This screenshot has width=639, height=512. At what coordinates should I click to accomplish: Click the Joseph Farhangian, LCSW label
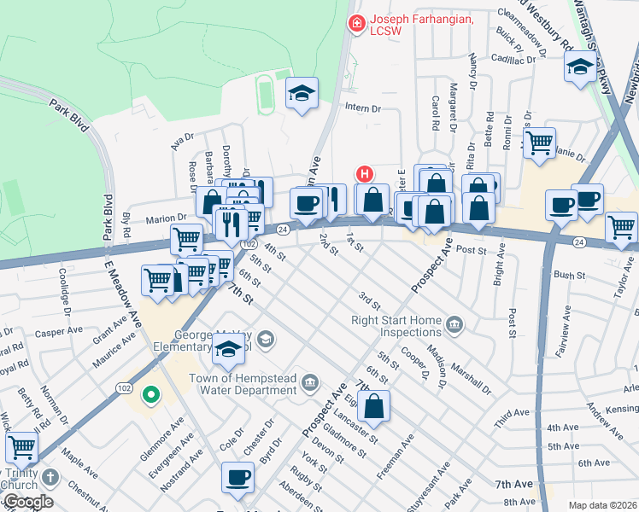(x=420, y=25)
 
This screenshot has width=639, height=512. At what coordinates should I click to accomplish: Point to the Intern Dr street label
(x=362, y=108)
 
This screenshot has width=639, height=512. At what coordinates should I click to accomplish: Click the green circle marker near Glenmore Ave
(x=151, y=395)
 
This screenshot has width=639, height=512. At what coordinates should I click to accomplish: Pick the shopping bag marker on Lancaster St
(x=374, y=408)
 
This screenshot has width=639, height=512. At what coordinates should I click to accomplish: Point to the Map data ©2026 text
(x=602, y=505)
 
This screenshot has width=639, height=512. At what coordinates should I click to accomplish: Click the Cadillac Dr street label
(x=519, y=59)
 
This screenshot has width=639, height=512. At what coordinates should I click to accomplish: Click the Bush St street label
(x=569, y=276)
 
